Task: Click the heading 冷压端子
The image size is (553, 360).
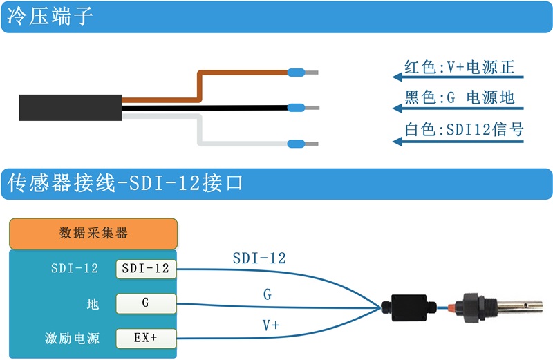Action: pyautogui.click(x=50, y=17)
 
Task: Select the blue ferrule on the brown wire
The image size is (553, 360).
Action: pyautogui.click(x=297, y=72)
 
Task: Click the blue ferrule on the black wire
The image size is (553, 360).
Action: pyautogui.click(x=297, y=108)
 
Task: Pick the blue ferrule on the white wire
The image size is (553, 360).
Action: pyautogui.click(x=297, y=144)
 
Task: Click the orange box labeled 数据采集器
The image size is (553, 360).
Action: pyautogui.click(x=93, y=234)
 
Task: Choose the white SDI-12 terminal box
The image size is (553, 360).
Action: pyautogui.click(x=145, y=268)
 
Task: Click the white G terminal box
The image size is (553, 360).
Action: pyautogui.click(x=145, y=303)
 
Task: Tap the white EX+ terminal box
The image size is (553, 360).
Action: pyautogui.click(x=145, y=338)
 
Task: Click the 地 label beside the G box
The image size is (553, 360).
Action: pyautogui.click(x=93, y=303)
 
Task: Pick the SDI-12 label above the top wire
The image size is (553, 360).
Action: pyautogui.click(x=259, y=258)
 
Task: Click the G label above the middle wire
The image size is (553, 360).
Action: pyautogui.click(x=268, y=295)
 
